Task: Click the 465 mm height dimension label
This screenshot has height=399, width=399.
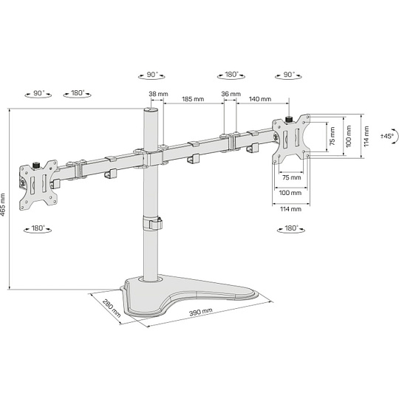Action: [x=3, y=205]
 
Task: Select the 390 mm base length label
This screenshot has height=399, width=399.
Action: [x=201, y=312]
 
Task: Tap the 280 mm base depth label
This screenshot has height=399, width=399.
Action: [x=112, y=308]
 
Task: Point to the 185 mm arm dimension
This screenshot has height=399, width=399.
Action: [x=193, y=99]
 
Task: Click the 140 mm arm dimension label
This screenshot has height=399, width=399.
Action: [x=260, y=99]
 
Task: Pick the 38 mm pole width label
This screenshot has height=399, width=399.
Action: [x=158, y=94]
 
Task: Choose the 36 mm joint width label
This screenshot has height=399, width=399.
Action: [x=231, y=94]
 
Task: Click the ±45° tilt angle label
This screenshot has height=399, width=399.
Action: [x=387, y=136]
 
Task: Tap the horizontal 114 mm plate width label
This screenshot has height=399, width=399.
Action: [x=290, y=209]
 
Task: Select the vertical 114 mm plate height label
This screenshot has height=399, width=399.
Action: [x=366, y=136]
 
